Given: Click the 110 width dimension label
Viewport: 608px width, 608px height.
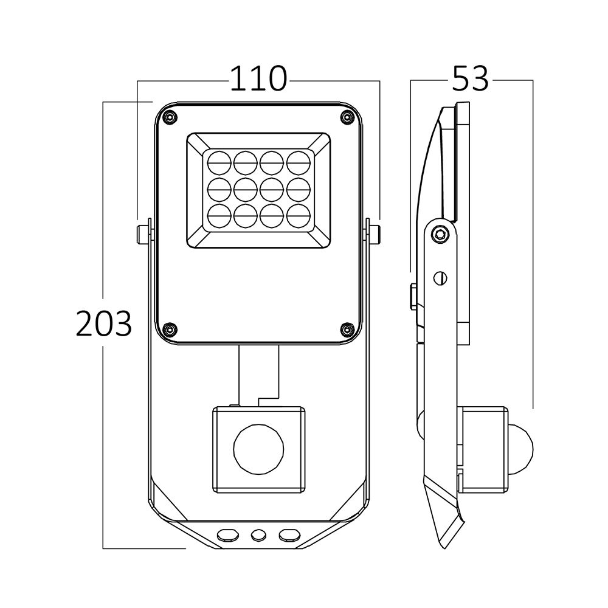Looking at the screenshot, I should point(258,78).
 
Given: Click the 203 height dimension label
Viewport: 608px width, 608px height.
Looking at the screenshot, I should point(104,323).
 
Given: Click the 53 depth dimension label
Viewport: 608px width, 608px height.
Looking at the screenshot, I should point(471,78).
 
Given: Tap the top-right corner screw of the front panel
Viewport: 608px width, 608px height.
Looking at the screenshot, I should point(346,117).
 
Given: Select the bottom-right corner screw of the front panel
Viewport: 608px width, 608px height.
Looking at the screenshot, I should point(346,329).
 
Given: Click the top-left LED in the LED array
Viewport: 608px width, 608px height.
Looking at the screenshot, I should point(219,162).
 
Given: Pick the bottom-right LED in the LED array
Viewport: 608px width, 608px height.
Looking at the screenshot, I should point(298,215).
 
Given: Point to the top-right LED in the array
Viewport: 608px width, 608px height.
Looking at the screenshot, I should point(298,162).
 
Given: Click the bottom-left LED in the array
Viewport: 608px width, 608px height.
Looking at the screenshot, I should point(219,215).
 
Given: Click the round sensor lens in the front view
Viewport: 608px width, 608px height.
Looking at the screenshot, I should point(258,449).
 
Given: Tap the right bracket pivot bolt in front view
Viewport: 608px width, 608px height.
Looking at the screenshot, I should point(373,233).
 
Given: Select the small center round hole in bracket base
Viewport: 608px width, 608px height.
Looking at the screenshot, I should point(258,534).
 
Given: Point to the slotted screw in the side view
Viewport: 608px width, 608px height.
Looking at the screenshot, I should point(442,277).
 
